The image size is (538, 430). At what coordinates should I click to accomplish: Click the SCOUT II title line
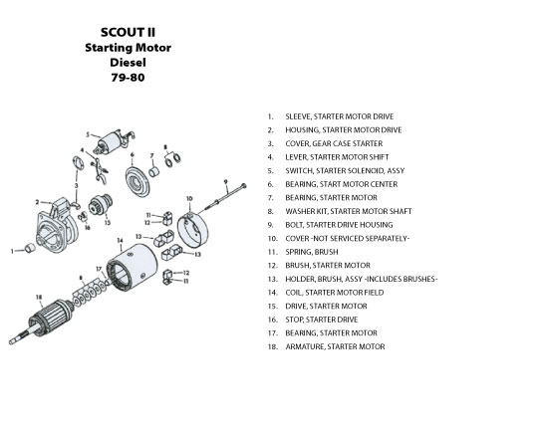point(128,32)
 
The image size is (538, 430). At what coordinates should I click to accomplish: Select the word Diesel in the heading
point(128,63)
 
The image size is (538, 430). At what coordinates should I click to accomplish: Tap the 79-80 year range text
point(128,78)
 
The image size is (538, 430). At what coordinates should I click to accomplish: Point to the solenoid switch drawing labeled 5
point(115,142)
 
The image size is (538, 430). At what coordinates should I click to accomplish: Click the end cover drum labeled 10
point(192,229)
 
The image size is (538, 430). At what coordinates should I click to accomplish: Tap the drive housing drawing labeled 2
point(58,225)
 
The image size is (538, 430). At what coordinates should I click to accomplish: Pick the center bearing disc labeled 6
point(137,181)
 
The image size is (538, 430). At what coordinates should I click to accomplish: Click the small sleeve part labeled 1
point(30,248)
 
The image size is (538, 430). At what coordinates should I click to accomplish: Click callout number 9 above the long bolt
point(225,182)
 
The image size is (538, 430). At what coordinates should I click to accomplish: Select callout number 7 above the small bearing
point(152,156)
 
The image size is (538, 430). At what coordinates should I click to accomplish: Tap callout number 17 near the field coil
point(99,269)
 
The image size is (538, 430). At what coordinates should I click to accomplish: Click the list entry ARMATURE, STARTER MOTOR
point(335,346)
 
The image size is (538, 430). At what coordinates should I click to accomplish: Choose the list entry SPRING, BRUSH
point(312,252)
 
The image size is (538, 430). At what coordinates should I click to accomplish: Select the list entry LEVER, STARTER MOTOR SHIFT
point(337,157)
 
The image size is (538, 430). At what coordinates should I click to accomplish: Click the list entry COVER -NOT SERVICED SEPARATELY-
point(348,239)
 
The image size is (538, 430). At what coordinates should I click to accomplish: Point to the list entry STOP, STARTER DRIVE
point(322,320)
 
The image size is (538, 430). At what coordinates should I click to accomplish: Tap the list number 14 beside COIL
point(272,293)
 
